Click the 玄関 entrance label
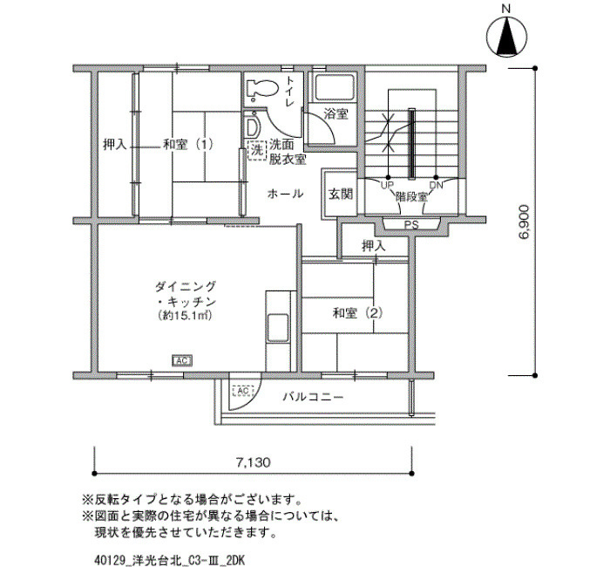click(340, 194)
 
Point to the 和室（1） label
click(187, 145)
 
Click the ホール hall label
click(285, 193)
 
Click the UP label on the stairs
click(386, 185)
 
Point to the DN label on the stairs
click(436, 185)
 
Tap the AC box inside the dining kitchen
click(182, 360)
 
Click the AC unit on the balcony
click(241, 391)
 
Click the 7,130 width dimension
click(250, 461)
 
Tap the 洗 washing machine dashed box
click(257, 149)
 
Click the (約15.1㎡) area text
click(181, 314)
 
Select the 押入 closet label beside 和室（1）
click(115, 145)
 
